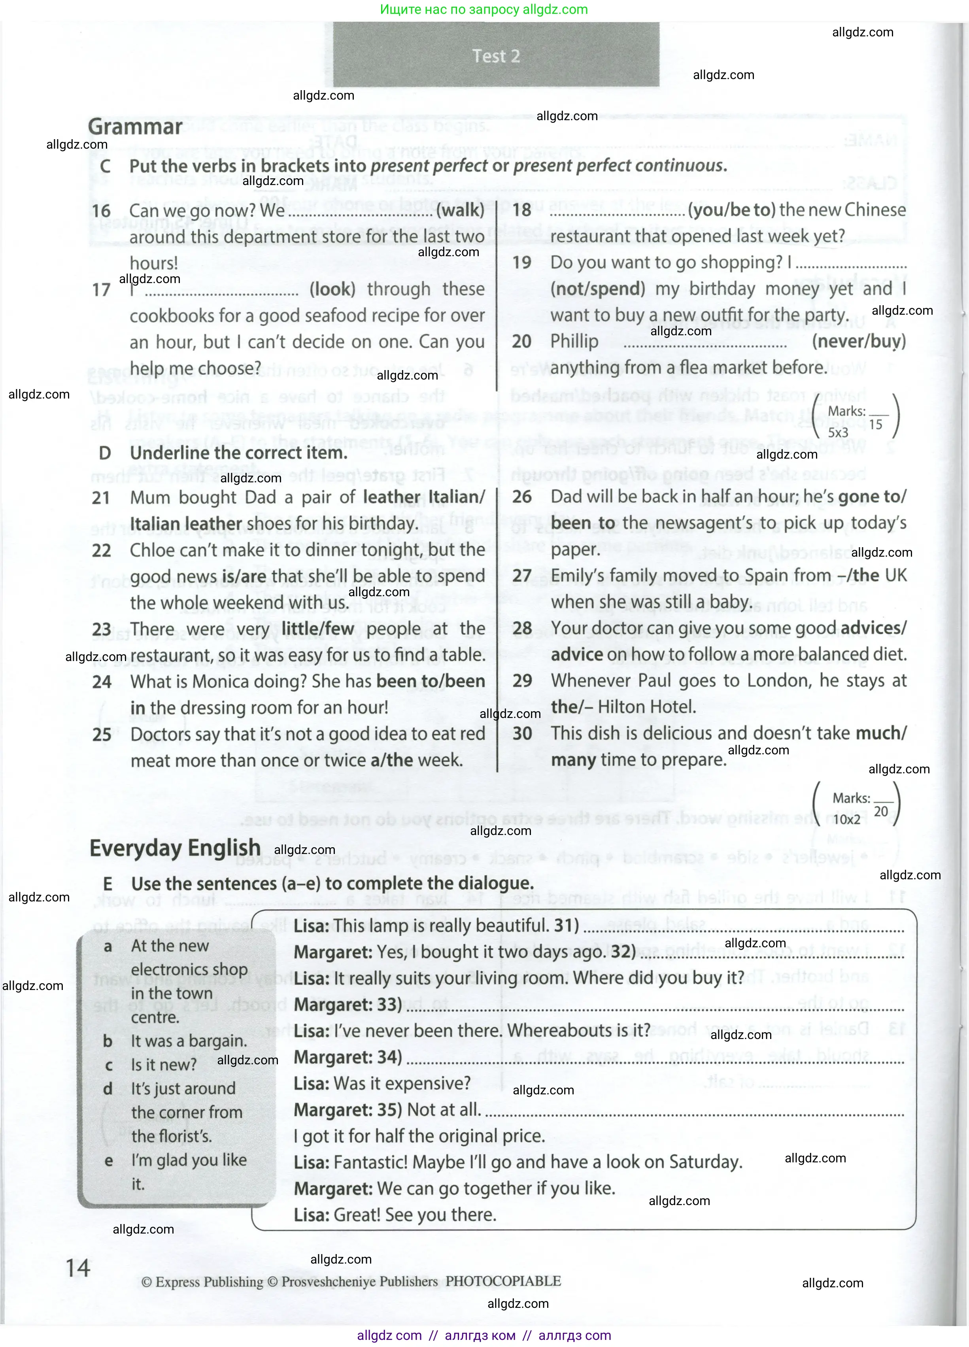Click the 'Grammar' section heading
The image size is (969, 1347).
pos(135,127)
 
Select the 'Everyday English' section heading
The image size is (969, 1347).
pos(175,848)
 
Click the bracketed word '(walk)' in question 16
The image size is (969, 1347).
pos(460,210)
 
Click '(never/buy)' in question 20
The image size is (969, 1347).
pos(859,342)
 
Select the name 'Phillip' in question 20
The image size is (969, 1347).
pos(574,342)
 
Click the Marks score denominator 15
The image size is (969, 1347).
pos(876,425)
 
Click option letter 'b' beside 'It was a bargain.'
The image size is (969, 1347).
pos(108,1041)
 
